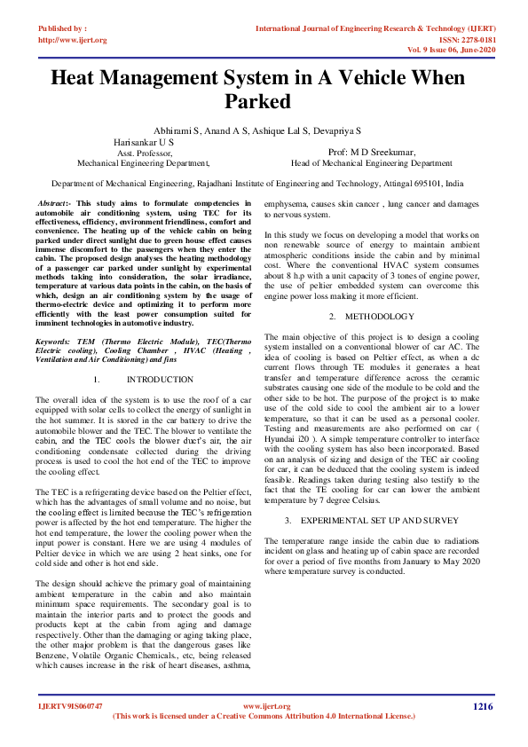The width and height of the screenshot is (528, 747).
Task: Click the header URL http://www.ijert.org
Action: (73, 40)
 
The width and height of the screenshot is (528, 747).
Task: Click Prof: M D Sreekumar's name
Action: (371, 153)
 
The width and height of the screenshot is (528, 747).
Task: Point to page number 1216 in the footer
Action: (482, 706)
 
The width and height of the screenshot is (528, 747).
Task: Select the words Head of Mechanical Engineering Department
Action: (371, 163)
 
